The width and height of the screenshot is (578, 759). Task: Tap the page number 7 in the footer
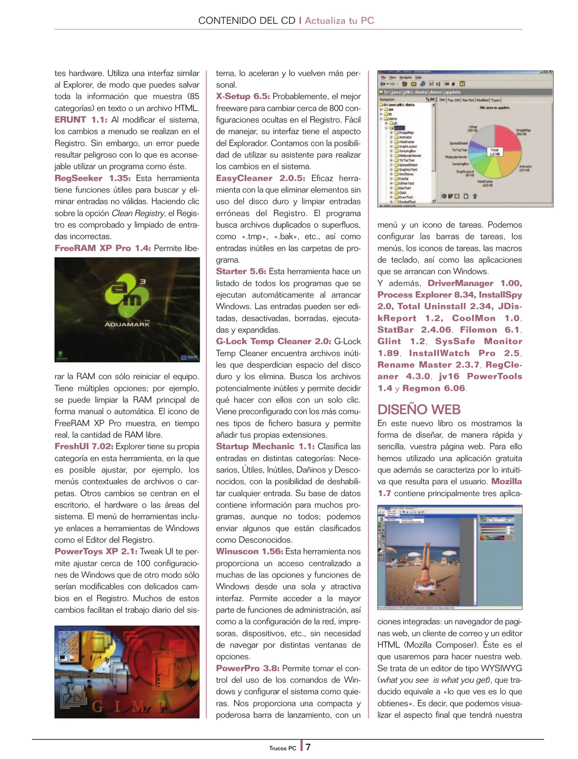(x=308, y=747)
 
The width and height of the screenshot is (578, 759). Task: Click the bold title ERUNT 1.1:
(x=81, y=120)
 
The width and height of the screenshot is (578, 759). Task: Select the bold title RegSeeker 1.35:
(x=92, y=178)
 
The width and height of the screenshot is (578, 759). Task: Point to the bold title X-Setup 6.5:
(x=243, y=96)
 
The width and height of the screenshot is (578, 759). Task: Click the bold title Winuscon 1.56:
(x=249, y=551)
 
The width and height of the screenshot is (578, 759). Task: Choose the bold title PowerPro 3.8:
(x=247, y=668)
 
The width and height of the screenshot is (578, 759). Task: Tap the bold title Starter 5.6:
(x=241, y=271)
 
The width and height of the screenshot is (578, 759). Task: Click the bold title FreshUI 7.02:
(x=84, y=446)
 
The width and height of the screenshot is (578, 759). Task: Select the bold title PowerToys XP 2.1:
(x=95, y=551)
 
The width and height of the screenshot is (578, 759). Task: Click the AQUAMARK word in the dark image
(x=127, y=324)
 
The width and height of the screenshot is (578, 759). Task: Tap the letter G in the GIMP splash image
(x=98, y=707)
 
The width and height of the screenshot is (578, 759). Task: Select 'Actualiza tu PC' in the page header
(x=339, y=20)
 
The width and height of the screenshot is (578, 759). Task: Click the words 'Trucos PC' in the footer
(x=283, y=748)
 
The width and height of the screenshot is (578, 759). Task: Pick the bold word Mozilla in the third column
(x=506, y=481)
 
